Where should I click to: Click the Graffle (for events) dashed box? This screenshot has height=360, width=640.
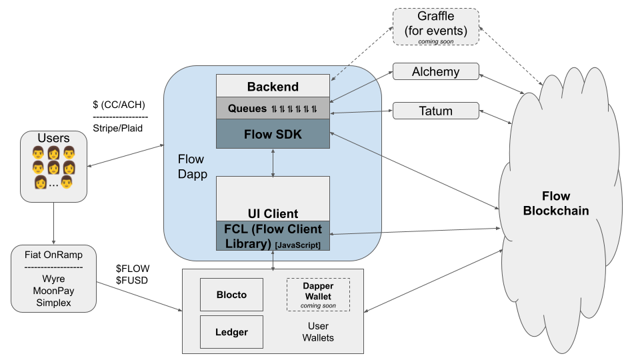[x=435, y=27]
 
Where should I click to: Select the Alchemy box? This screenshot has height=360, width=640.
[x=435, y=71]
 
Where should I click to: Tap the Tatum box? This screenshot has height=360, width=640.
[x=435, y=111]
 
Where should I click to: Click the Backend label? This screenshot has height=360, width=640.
[x=273, y=87]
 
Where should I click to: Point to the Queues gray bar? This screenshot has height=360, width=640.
[x=273, y=108]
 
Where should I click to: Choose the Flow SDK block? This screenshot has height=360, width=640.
[x=273, y=134]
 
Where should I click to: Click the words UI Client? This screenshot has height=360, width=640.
[x=273, y=213]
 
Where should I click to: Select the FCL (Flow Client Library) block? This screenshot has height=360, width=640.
[x=273, y=236]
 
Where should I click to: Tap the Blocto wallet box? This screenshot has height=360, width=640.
[x=231, y=294]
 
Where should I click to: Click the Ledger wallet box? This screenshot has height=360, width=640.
[x=231, y=331]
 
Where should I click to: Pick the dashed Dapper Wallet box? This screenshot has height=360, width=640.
[x=317, y=295]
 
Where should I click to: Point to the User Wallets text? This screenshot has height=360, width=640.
[x=318, y=332]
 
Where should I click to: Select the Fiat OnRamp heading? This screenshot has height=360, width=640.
[x=53, y=254]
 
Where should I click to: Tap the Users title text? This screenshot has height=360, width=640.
[x=53, y=138]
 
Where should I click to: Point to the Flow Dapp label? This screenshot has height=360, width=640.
[x=191, y=166]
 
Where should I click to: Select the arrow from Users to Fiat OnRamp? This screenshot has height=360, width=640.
[x=53, y=223]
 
